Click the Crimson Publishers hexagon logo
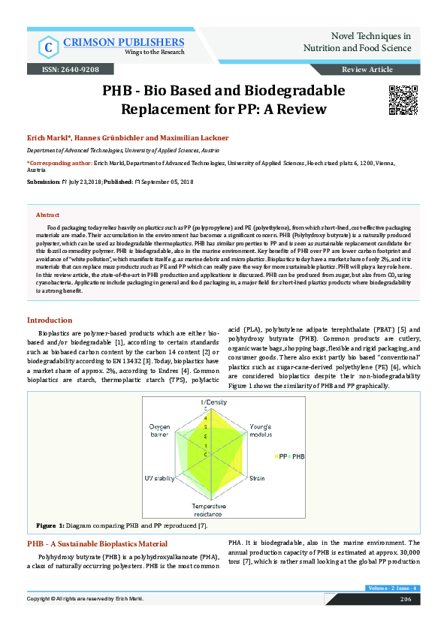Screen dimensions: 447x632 pos(49,47)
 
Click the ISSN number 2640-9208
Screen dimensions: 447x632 pos(73,69)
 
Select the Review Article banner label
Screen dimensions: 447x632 pos(367,69)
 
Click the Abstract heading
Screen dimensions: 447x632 pos(47,215)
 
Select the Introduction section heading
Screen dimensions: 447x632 pos(50,321)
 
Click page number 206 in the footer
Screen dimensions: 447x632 pos(406,599)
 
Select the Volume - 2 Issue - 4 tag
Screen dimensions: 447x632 pos(391,588)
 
